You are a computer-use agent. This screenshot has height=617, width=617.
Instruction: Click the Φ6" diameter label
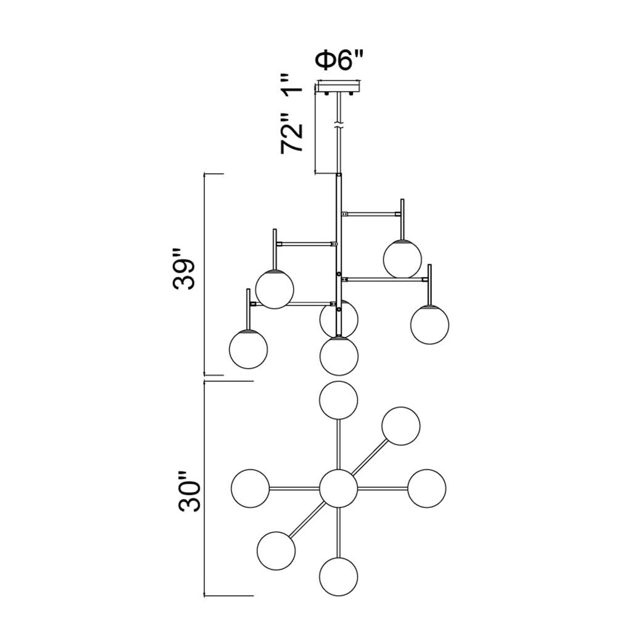338,61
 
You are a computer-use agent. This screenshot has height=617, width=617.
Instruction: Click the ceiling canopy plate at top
337,86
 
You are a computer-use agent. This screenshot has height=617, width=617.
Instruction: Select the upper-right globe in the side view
402,259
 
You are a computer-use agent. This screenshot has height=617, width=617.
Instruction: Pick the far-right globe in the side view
429,324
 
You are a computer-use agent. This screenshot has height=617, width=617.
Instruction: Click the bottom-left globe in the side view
248,349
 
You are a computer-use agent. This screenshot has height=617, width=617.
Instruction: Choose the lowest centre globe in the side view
339,356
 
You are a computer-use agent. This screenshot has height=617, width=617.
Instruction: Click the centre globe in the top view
338,488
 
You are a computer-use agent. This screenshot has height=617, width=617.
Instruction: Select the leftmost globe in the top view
250,488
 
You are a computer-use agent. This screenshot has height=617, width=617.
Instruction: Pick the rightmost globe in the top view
426,488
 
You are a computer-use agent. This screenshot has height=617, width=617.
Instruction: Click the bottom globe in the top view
338,576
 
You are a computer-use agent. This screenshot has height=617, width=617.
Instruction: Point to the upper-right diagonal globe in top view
400,426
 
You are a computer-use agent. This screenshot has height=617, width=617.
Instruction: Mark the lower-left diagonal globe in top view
276,550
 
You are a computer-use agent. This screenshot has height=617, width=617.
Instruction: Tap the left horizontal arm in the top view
294,488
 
